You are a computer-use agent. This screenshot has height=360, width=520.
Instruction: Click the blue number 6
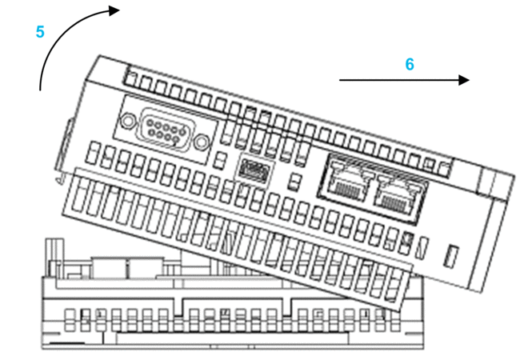(x=410, y=64)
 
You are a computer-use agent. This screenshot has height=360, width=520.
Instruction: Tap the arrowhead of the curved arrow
(x=114, y=10)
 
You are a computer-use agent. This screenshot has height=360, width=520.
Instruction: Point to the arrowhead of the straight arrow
(x=465, y=80)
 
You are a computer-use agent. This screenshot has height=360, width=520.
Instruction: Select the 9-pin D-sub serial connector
(x=166, y=129)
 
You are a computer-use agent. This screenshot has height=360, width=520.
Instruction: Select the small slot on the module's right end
(x=450, y=258)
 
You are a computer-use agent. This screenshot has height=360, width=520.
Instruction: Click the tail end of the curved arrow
(x=40, y=90)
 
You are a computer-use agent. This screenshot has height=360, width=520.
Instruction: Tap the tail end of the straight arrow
(x=341, y=80)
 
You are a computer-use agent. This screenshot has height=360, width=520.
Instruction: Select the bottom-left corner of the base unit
(x=42, y=348)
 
